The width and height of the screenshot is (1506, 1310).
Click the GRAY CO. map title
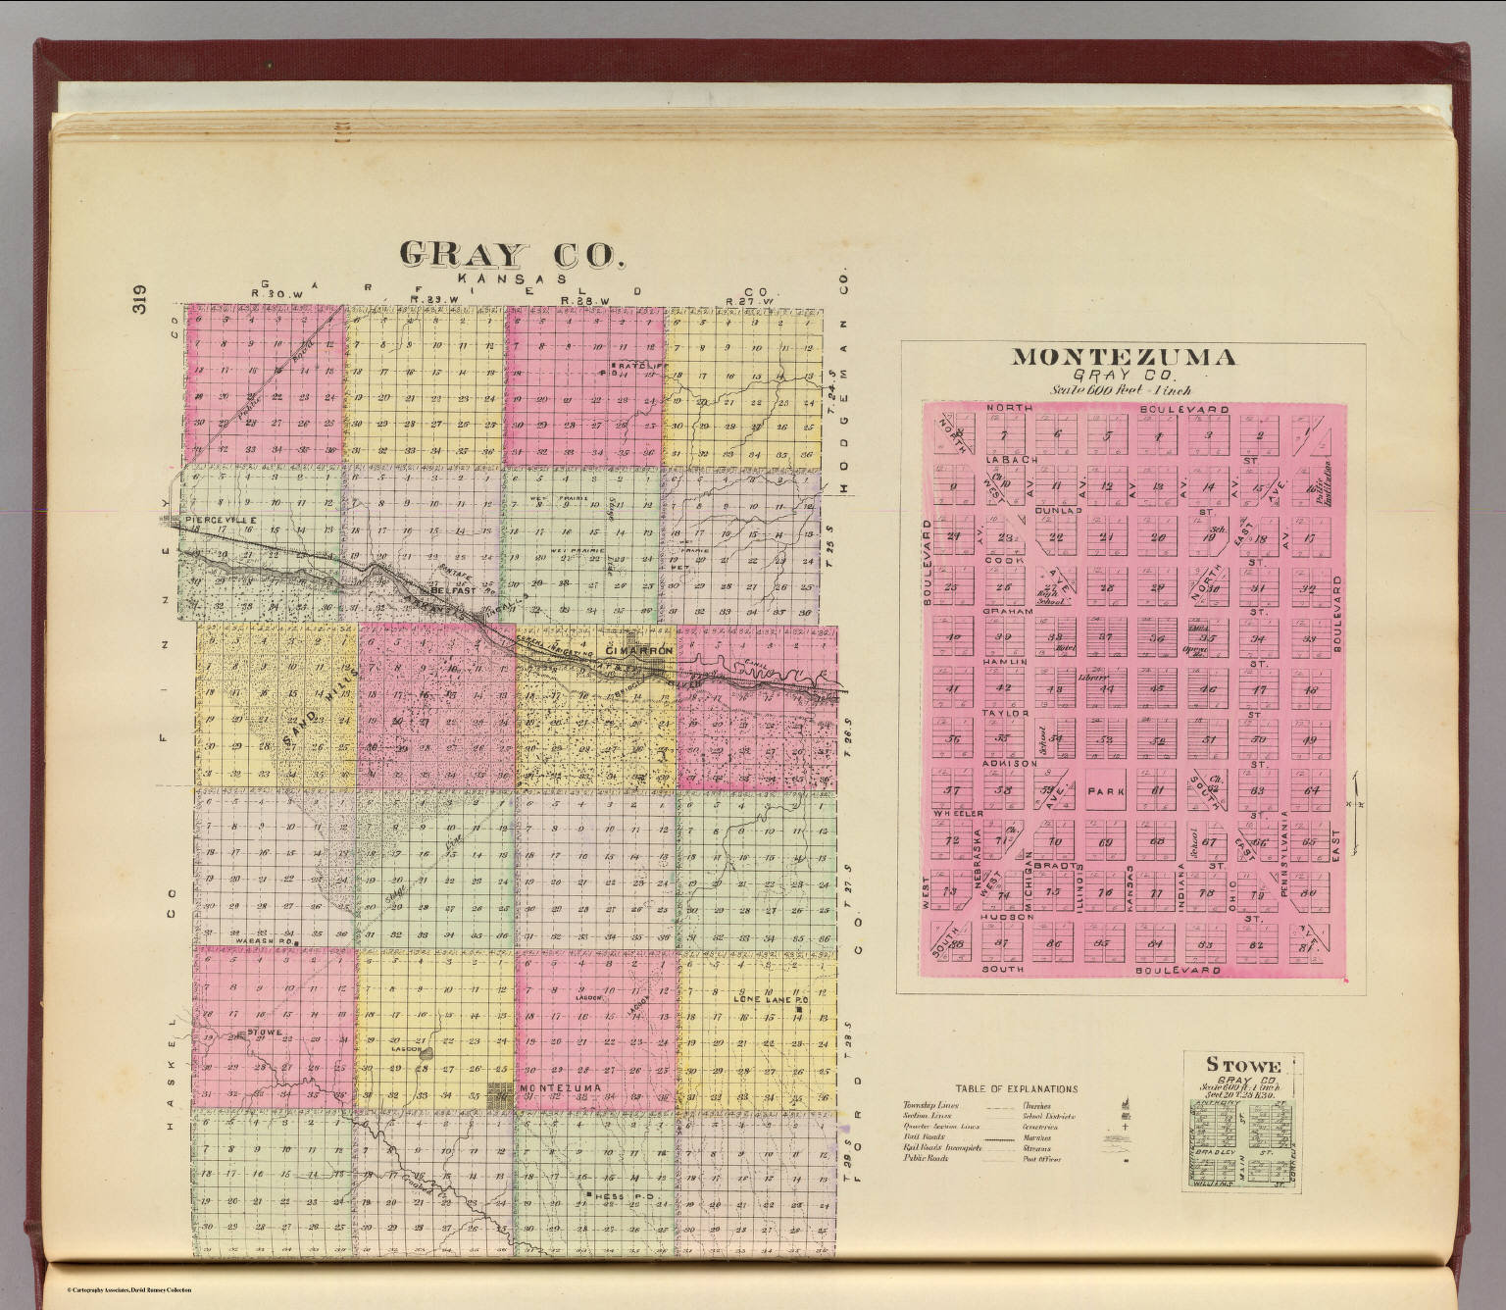pyautogui.click(x=511, y=255)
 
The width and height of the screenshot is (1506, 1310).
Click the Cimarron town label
pyautogui.click(x=639, y=651)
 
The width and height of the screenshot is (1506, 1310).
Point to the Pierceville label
pyautogui.click(x=222, y=518)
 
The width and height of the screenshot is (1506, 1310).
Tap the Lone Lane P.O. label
pyautogui.click(x=769, y=1000)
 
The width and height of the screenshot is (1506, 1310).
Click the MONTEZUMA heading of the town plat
pyautogui.click(x=1123, y=357)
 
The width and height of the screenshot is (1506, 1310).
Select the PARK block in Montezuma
pyautogui.click(x=1109, y=790)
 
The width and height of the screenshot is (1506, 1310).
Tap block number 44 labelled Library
pyautogui.click(x=1107, y=687)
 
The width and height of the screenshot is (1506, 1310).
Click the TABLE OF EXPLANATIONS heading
pyautogui.click(x=1017, y=1088)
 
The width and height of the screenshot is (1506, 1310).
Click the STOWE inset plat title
pyautogui.click(x=1242, y=1066)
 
